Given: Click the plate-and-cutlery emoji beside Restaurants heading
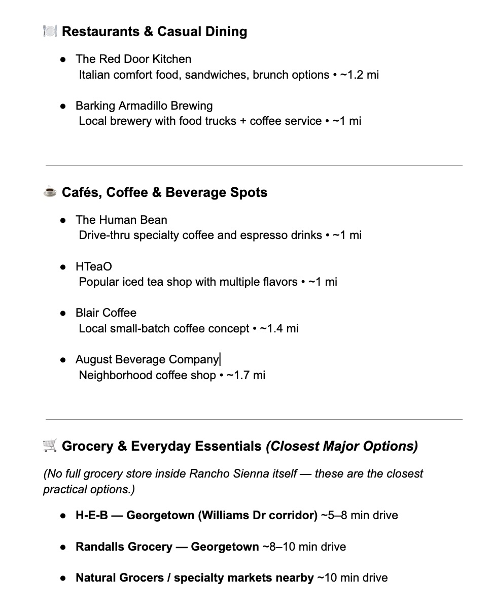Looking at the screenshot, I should pos(50,31).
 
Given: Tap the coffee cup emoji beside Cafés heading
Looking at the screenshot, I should pos(50,192).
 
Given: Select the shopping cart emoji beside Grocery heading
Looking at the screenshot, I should pos(50,446).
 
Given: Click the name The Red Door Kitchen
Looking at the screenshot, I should pos(133,59).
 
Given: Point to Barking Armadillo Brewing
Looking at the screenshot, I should pos(144,106).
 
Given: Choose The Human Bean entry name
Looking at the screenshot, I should pos(121,220).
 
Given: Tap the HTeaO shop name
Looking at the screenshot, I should pos(94,266).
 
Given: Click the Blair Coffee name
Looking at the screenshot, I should pos(106,313).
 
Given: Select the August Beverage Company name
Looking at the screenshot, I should pos(147,359).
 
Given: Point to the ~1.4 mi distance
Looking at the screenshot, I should pos(279,328).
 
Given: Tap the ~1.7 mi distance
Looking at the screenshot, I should pos(246,375).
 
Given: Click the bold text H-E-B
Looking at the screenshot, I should pos(92,515).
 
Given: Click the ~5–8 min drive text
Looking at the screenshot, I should pos(360,515).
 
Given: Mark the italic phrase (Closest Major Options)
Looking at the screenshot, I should pos(342,446).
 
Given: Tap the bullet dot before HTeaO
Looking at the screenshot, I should pos(63,267).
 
